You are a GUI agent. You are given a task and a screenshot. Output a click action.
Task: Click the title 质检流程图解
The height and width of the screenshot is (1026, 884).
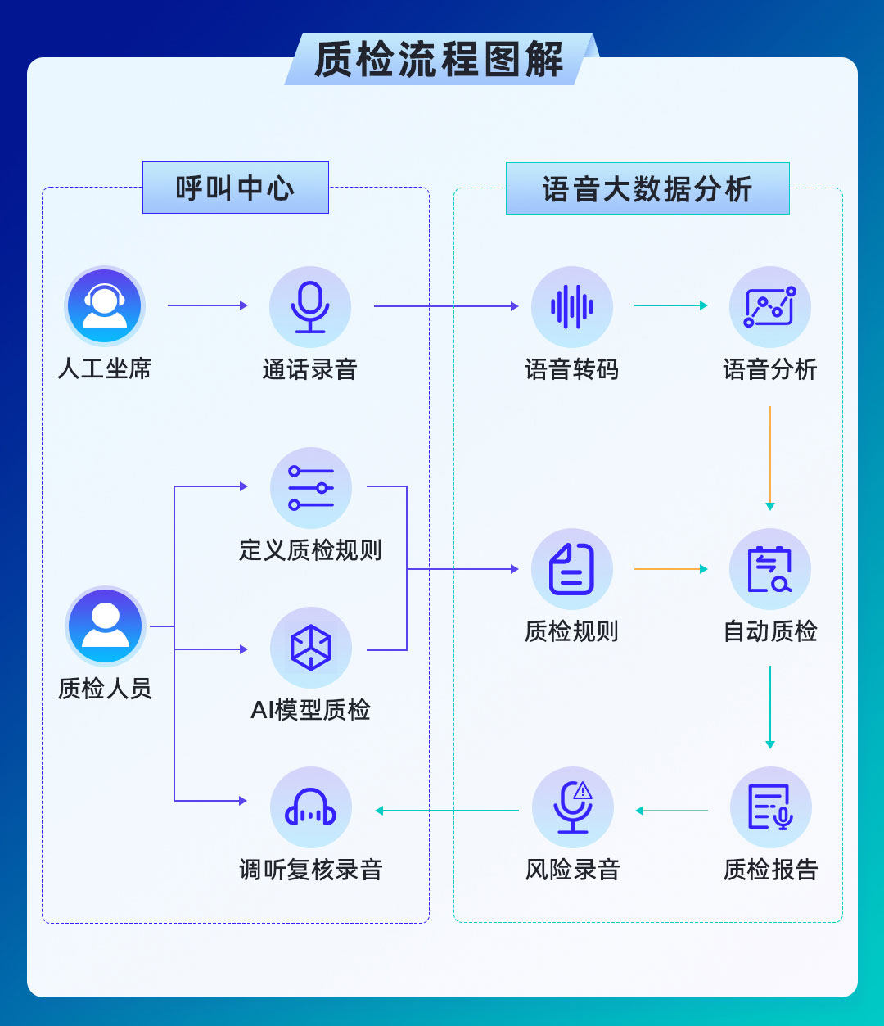coord(440,60)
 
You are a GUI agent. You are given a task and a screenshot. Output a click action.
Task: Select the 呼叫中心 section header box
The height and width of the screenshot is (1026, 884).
coord(236,188)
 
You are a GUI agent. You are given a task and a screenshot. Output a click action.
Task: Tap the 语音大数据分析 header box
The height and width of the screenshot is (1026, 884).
coord(647,188)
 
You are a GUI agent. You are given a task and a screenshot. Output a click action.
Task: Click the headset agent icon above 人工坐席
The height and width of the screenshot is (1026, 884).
coord(105,306)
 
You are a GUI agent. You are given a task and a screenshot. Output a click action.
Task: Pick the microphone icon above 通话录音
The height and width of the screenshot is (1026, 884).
coord(310,306)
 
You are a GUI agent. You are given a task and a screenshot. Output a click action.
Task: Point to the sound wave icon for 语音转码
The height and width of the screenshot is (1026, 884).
coord(572,306)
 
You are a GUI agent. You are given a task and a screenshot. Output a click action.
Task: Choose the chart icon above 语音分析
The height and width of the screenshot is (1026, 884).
coord(769,306)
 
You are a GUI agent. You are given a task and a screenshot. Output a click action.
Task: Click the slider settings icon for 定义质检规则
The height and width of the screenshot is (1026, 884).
coord(311,487)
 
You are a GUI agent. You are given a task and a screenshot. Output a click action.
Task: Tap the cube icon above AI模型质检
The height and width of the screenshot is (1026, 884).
coord(311,648)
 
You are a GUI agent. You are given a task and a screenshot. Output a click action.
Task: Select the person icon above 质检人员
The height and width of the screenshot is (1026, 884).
coord(106,626)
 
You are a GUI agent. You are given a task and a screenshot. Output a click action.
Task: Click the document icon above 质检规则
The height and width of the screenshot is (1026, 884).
coord(572,569)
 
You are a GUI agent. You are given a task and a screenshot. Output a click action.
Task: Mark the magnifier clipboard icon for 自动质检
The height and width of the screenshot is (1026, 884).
coord(769,569)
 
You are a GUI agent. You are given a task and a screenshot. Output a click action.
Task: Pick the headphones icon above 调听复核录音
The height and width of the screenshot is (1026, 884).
coord(311,807)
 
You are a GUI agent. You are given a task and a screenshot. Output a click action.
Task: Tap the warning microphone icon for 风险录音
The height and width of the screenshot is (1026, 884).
coord(572,807)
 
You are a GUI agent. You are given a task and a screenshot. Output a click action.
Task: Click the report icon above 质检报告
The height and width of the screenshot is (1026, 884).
coord(769,807)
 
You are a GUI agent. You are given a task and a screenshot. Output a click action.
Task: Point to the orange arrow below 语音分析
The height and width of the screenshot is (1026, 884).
coord(769,459)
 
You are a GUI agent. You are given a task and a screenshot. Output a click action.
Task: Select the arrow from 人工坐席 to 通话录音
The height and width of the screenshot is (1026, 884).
coord(207,305)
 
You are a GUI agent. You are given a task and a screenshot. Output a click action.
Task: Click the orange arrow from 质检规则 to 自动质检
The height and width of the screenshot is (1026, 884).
coord(670,568)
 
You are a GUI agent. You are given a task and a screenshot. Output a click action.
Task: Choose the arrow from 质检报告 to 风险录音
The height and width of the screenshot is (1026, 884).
coord(671,811)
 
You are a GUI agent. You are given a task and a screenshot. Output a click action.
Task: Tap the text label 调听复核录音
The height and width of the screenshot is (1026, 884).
coord(311,870)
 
